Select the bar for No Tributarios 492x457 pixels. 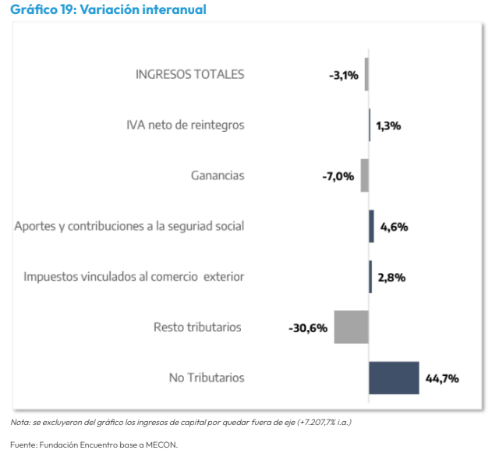394,377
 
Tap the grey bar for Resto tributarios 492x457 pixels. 351,327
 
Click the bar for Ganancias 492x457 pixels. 364,175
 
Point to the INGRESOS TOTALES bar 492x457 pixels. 366,75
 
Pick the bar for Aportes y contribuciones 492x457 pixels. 371,226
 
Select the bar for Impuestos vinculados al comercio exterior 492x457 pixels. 370,277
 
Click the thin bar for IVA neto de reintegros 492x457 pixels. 370,125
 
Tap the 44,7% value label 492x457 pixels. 442,379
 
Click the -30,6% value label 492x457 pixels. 308,328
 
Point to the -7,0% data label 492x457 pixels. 338,177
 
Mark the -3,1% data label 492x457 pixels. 344,76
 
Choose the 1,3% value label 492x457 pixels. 388,126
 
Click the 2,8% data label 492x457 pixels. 391,278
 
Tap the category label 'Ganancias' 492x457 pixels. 218,175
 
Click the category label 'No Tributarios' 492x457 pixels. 207,377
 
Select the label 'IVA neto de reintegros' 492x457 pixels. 186,125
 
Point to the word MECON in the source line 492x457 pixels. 160,445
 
